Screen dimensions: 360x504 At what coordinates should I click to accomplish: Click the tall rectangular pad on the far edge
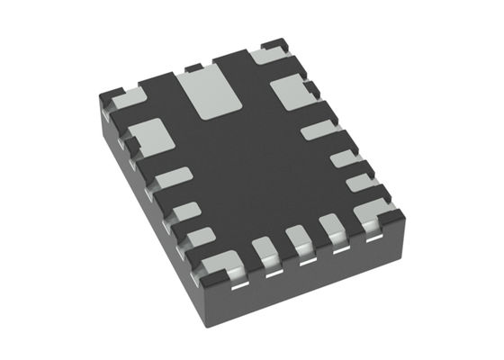point(208,94)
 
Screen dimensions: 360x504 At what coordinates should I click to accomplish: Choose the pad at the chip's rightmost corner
point(371,213)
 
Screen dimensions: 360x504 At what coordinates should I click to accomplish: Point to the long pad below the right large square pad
point(319,131)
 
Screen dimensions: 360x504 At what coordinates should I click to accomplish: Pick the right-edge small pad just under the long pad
point(343,159)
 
